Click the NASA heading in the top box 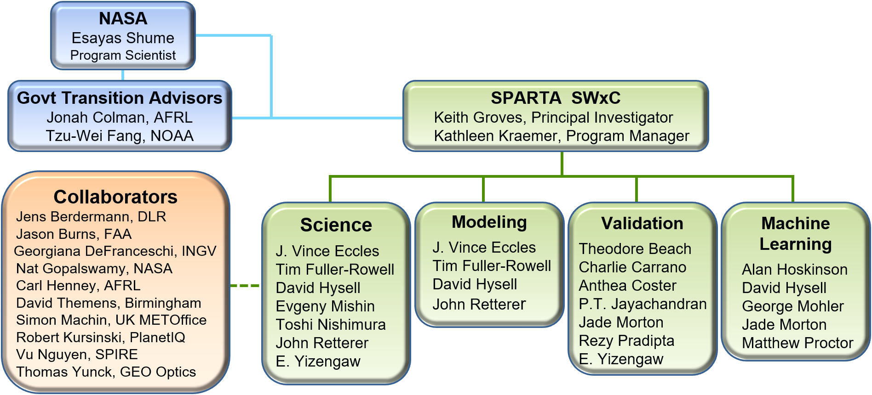(x=123, y=19)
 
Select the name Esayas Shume (x=123, y=38)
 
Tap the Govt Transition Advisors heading (x=120, y=98)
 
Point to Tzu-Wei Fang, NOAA (x=120, y=136)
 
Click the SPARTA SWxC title (x=556, y=98)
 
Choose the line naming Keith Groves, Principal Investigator (x=553, y=118)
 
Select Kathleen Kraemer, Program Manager (x=561, y=136)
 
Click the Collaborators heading (x=115, y=197)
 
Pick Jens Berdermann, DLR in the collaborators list (x=91, y=217)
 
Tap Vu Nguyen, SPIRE (x=77, y=355)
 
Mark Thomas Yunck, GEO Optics (x=106, y=372)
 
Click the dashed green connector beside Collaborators (x=245, y=286)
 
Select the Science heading (x=336, y=225)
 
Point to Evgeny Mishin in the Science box (x=325, y=306)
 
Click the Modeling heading (x=489, y=222)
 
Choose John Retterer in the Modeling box (x=479, y=305)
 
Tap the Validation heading (x=642, y=224)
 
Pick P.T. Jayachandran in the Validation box (x=643, y=304)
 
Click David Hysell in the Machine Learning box (x=784, y=288)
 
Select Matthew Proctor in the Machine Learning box (x=797, y=343)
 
